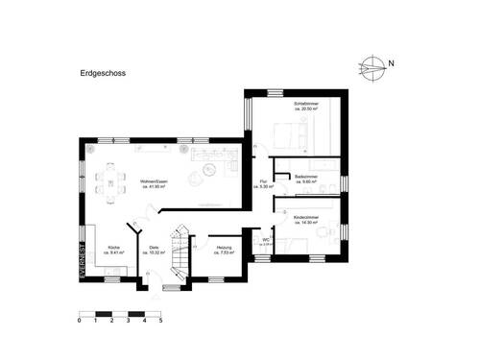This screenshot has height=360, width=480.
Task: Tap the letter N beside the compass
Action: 391,65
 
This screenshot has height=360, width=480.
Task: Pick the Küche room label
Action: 113,251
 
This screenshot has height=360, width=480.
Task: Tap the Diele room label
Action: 154,251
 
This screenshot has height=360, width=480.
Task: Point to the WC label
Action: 266,241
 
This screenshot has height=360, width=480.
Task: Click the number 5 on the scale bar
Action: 160,320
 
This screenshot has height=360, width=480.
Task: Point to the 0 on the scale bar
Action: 79,320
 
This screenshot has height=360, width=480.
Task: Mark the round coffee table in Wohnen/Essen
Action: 204,173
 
